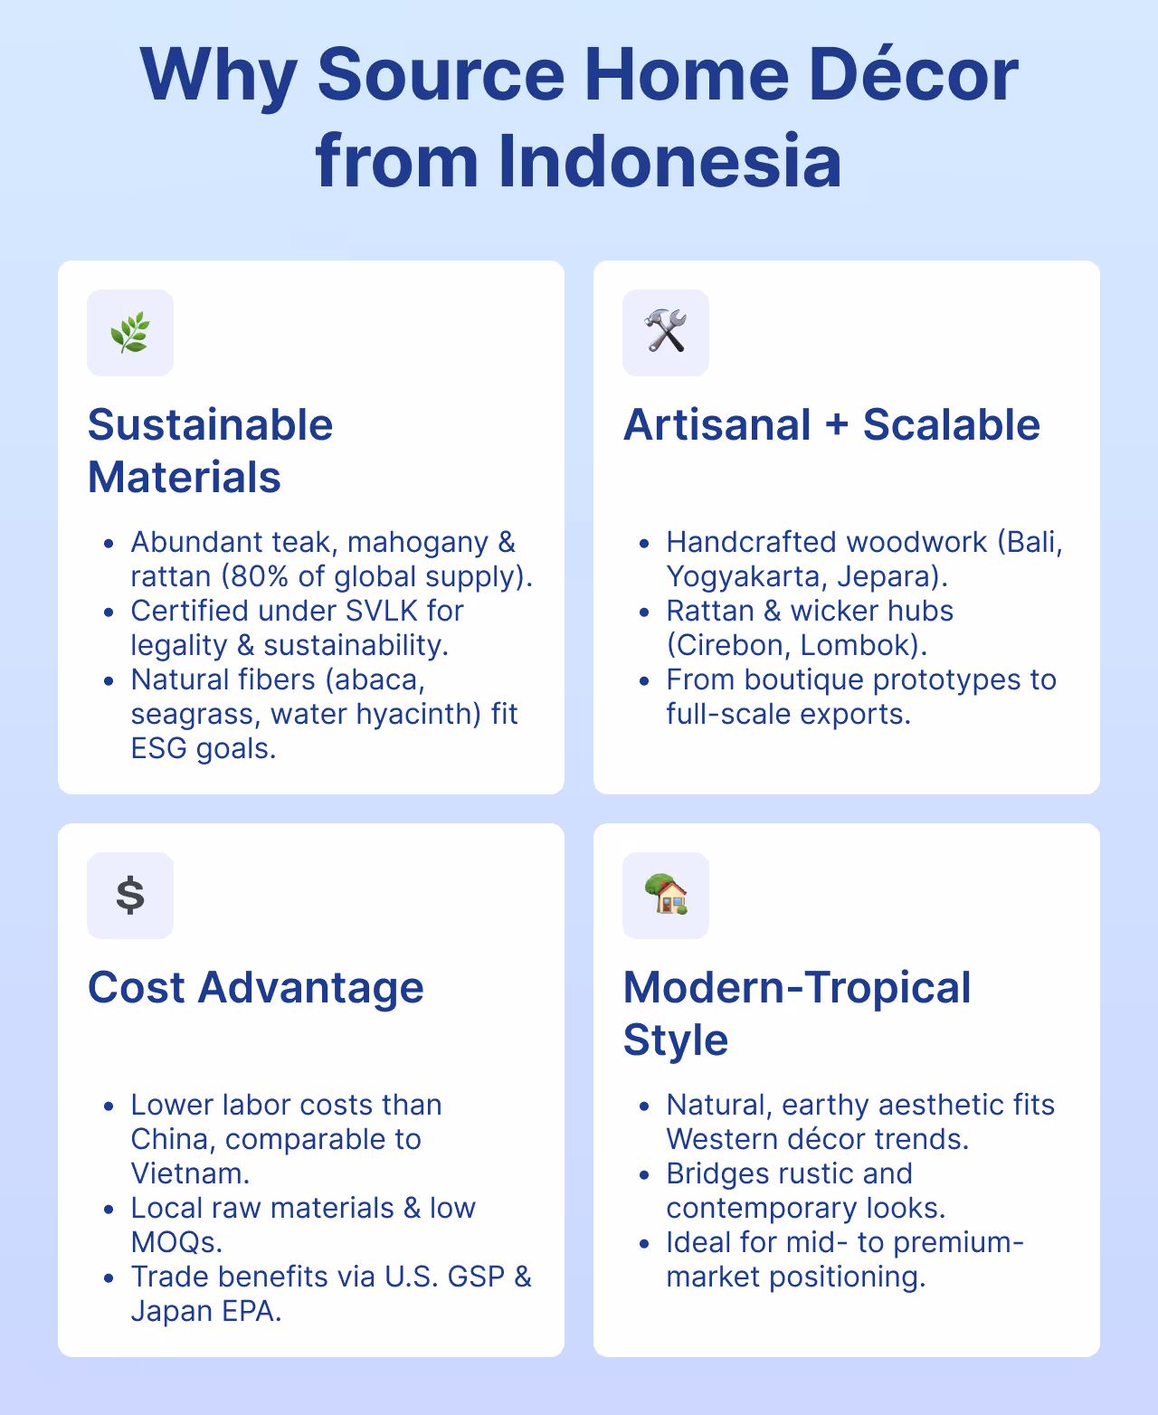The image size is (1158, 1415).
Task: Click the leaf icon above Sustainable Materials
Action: pos(130,333)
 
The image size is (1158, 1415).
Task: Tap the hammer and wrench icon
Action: pos(666,332)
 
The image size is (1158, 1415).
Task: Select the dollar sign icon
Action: pos(130,896)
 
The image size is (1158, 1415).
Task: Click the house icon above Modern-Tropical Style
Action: pos(666,895)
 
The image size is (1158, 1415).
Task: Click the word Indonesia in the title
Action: pos(669,161)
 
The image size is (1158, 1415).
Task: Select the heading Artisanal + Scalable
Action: pos(831,424)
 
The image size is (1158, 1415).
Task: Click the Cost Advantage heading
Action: pos(255,987)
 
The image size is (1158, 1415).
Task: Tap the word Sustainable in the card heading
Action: pos(210,424)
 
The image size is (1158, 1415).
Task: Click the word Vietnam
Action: pos(189,1173)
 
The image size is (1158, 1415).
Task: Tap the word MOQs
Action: pos(176,1242)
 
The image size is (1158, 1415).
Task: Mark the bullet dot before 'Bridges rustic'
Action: pos(644,1175)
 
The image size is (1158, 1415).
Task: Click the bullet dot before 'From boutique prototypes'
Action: pos(644,681)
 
